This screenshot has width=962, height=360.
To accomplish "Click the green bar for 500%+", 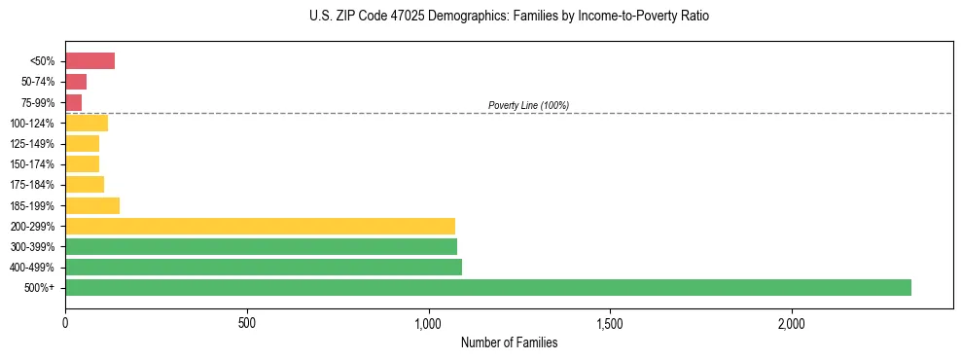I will click(x=487, y=287).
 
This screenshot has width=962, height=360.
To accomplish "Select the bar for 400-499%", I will click(x=263, y=267).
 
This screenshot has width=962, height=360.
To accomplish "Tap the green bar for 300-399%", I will click(x=261, y=246).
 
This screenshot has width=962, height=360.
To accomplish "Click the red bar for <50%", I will click(x=89, y=61).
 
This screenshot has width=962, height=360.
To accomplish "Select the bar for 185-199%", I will click(x=91, y=205).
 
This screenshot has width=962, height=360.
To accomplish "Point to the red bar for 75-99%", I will click(x=73, y=102).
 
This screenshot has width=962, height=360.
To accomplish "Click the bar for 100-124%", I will click(x=86, y=123).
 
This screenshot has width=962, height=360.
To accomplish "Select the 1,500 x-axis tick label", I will click(x=610, y=322).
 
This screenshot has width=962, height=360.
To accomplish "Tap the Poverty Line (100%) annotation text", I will click(x=528, y=105).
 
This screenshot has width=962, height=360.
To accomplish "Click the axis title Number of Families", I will click(x=509, y=342).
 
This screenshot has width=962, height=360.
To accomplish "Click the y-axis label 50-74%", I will click(x=37, y=82).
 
